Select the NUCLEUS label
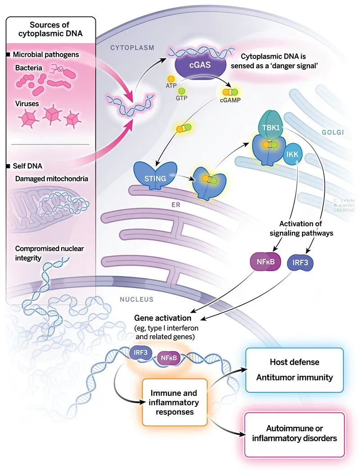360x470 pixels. click(x=136, y=298)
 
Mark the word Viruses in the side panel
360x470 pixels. click(x=28, y=103)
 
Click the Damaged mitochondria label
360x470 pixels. click(x=51, y=179)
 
